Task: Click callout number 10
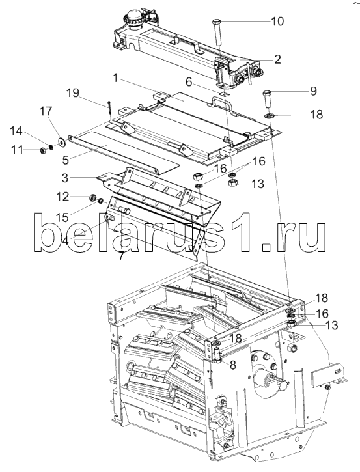277,21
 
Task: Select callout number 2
277,59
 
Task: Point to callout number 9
313,91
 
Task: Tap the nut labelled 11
43,150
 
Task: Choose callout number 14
16,131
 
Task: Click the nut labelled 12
92,197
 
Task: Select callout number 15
62,217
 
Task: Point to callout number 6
189,81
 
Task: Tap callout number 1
115,77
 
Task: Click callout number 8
232,365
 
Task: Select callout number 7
121,256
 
